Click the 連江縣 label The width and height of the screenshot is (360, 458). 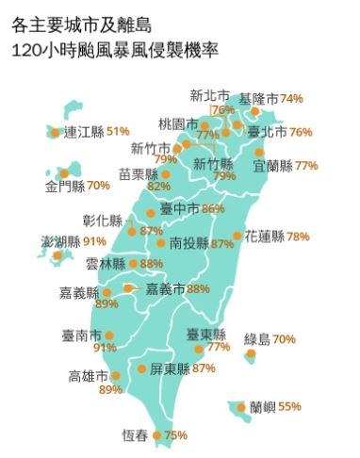coord(83,132)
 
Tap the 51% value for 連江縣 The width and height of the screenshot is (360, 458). coord(118,132)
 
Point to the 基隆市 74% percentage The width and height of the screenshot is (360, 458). coord(290,98)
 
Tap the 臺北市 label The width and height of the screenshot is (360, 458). coord(268,132)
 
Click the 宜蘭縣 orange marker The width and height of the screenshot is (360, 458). coord(259,152)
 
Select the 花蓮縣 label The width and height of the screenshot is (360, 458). coord(265,236)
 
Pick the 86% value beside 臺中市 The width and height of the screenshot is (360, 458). coord(213,208)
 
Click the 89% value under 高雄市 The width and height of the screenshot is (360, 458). coord(111,389)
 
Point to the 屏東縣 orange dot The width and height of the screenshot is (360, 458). coord(141,368)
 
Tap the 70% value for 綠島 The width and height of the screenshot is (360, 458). coord(284,339)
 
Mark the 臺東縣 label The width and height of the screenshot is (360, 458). coord(205,334)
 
